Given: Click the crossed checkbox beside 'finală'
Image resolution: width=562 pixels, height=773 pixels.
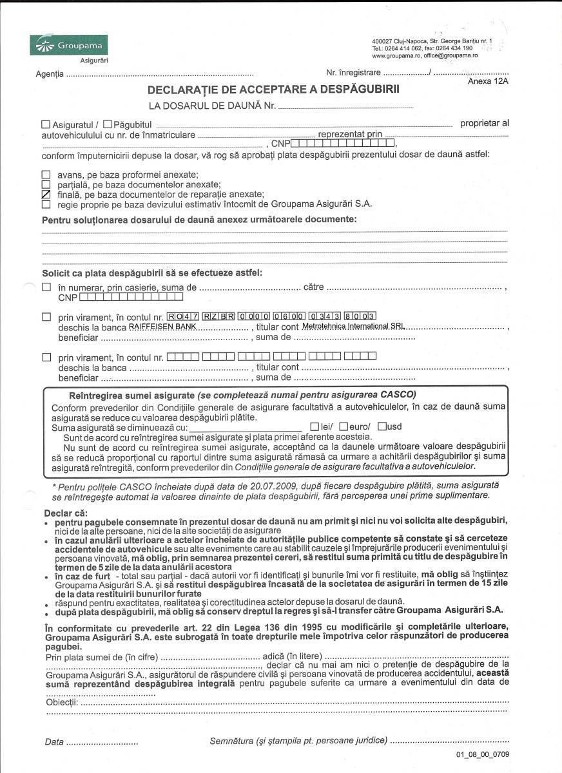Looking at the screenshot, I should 46,194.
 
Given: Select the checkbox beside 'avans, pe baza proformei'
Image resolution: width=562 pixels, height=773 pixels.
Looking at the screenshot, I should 46,175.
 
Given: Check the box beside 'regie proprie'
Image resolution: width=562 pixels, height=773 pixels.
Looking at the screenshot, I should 46,204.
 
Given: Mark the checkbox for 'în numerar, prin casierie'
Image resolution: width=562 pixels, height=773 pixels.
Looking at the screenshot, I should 46,287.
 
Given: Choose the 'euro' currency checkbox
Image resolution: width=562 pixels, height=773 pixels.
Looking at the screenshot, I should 344,426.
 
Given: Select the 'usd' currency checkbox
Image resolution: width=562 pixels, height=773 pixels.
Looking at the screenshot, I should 382,426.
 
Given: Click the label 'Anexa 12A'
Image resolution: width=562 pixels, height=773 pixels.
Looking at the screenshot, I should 488,82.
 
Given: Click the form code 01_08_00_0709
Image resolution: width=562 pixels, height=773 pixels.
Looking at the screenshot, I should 483,754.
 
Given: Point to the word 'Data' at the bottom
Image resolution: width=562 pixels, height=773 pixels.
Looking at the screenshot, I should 54,741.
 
